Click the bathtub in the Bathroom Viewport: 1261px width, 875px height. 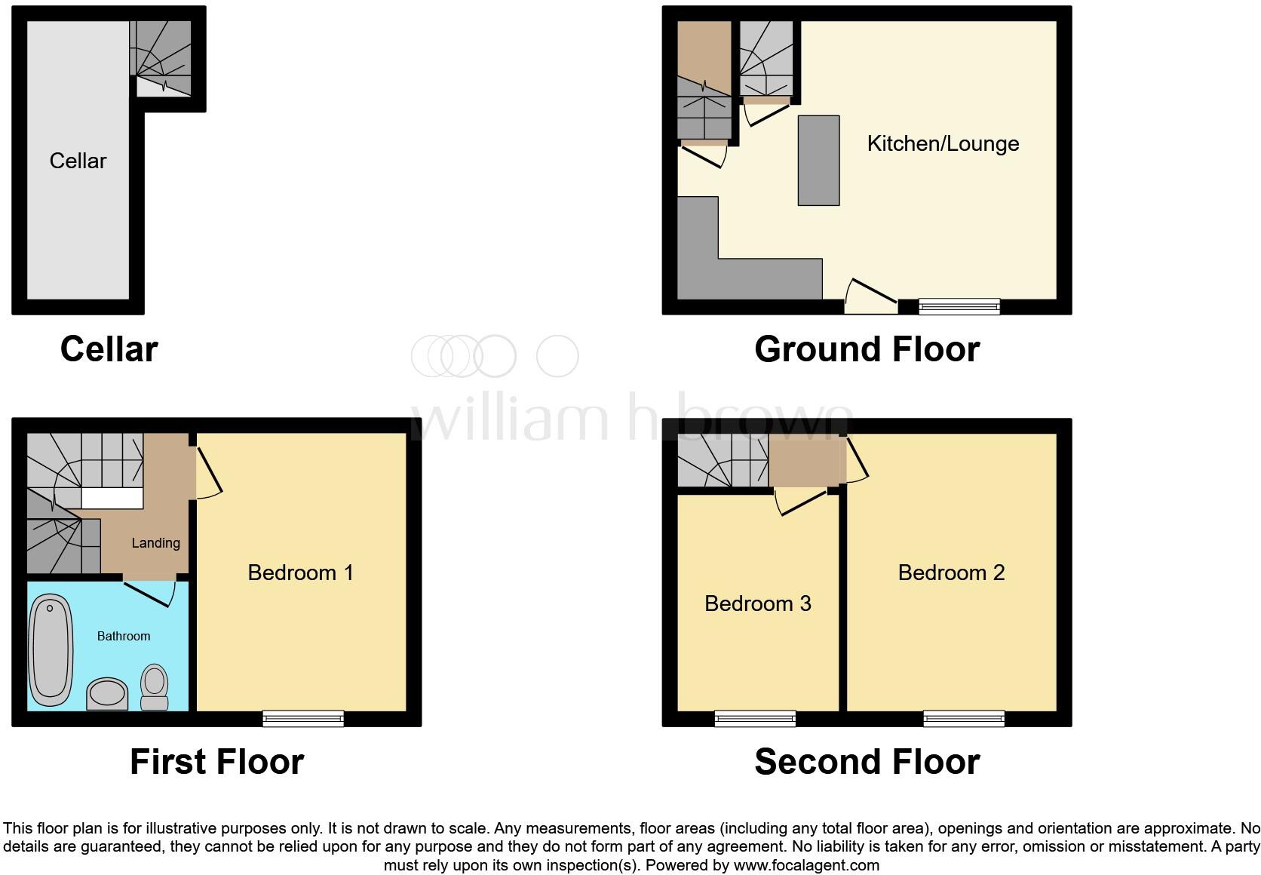(x=51, y=650)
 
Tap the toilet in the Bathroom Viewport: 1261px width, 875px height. (x=155, y=686)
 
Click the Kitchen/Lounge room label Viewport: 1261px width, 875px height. (x=943, y=144)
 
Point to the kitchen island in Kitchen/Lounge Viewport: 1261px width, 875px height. (x=818, y=160)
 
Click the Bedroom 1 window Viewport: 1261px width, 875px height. (x=303, y=719)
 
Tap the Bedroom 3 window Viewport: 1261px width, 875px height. (x=755, y=719)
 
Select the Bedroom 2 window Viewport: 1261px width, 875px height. (x=964, y=719)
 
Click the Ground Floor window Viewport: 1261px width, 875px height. (x=959, y=306)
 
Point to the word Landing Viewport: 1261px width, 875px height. (x=155, y=543)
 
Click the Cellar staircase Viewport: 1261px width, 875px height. (x=161, y=57)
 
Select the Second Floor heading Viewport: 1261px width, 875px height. (x=867, y=762)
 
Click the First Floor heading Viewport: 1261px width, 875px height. (x=216, y=762)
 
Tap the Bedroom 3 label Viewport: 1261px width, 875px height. (x=757, y=603)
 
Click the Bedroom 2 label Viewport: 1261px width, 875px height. (x=951, y=573)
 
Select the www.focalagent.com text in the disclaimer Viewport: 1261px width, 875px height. (x=806, y=865)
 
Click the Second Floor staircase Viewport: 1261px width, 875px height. (x=722, y=460)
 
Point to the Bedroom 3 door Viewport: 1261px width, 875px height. (x=801, y=501)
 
